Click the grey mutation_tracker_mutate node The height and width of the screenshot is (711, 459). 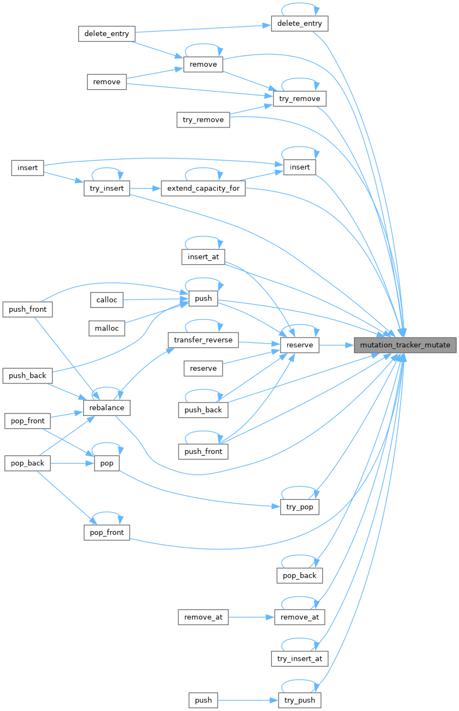[x=405, y=345]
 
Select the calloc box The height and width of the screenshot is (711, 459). [x=107, y=300]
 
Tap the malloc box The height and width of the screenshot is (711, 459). [x=107, y=328]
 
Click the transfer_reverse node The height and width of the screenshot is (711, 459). [x=203, y=340]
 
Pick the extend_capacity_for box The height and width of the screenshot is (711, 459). [x=203, y=189]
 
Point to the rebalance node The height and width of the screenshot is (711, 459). [x=107, y=407]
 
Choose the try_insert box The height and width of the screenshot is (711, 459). [x=107, y=189]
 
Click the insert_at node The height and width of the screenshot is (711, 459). [x=203, y=257]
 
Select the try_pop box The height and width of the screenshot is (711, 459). [x=299, y=507]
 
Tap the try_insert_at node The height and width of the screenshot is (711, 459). [x=299, y=658]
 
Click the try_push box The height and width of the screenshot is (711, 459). [x=299, y=700]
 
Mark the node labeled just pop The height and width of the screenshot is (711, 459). [x=107, y=463]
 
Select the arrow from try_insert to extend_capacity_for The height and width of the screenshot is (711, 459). [x=146, y=189]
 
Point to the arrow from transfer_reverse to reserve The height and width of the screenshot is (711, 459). [x=259, y=343]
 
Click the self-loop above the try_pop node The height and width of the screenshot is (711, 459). [x=299, y=487]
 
